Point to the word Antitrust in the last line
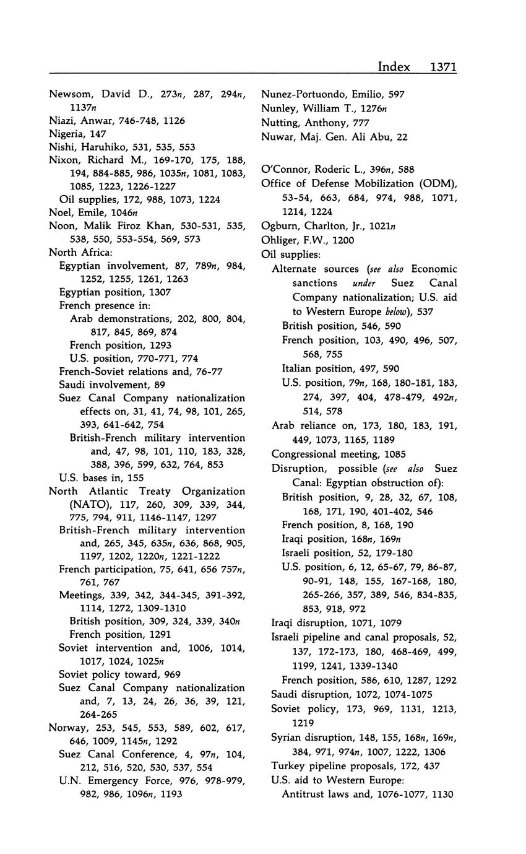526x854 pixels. pyautogui.click(x=304, y=795)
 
